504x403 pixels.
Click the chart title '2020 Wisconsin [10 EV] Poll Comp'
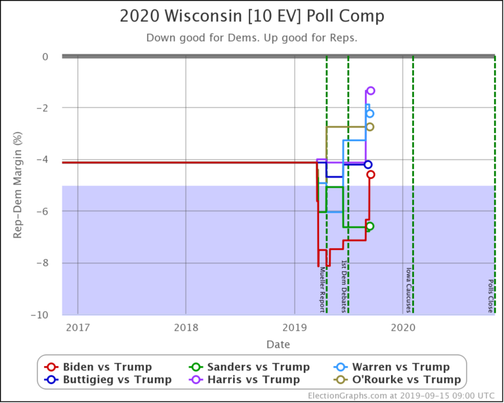252,16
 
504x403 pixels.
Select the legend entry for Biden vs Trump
107,367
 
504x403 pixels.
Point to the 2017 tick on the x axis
77,327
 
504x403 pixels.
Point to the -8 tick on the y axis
41,263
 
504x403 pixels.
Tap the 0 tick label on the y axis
45,57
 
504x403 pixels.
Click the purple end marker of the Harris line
371,91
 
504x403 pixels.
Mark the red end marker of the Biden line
371,175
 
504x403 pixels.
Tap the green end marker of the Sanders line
370,226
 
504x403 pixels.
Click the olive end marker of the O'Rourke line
370,127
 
